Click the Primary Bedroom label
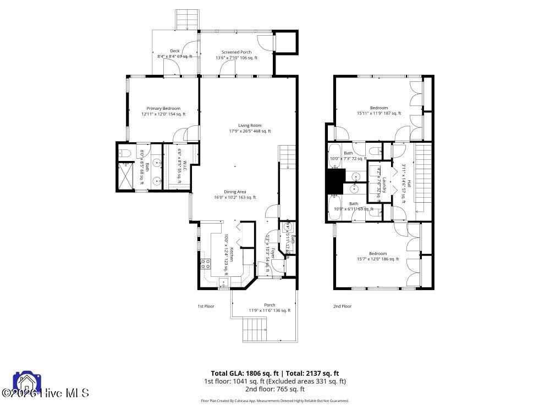click(x=163, y=108)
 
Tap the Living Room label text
click(x=250, y=126)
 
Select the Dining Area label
click(x=234, y=192)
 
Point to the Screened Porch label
click(x=236, y=52)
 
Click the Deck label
click(x=174, y=51)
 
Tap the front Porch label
click(x=269, y=305)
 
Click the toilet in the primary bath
click(x=124, y=153)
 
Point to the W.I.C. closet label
click(x=185, y=166)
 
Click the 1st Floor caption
click(x=206, y=306)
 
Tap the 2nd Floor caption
click(x=342, y=306)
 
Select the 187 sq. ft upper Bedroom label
click(x=379, y=108)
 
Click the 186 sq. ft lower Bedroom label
click(x=378, y=253)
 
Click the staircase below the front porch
click(x=254, y=331)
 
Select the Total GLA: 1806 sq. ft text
click(x=244, y=373)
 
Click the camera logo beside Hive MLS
click(x=24, y=383)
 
